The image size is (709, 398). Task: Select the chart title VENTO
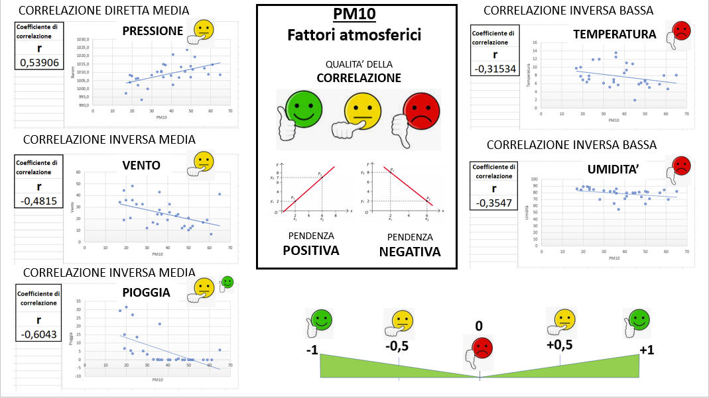(x=141, y=166)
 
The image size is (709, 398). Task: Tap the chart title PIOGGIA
(x=146, y=291)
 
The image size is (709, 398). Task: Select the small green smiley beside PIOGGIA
(x=227, y=281)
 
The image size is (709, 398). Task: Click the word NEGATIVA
(x=409, y=252)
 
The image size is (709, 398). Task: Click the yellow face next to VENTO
(x=203, y=162)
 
